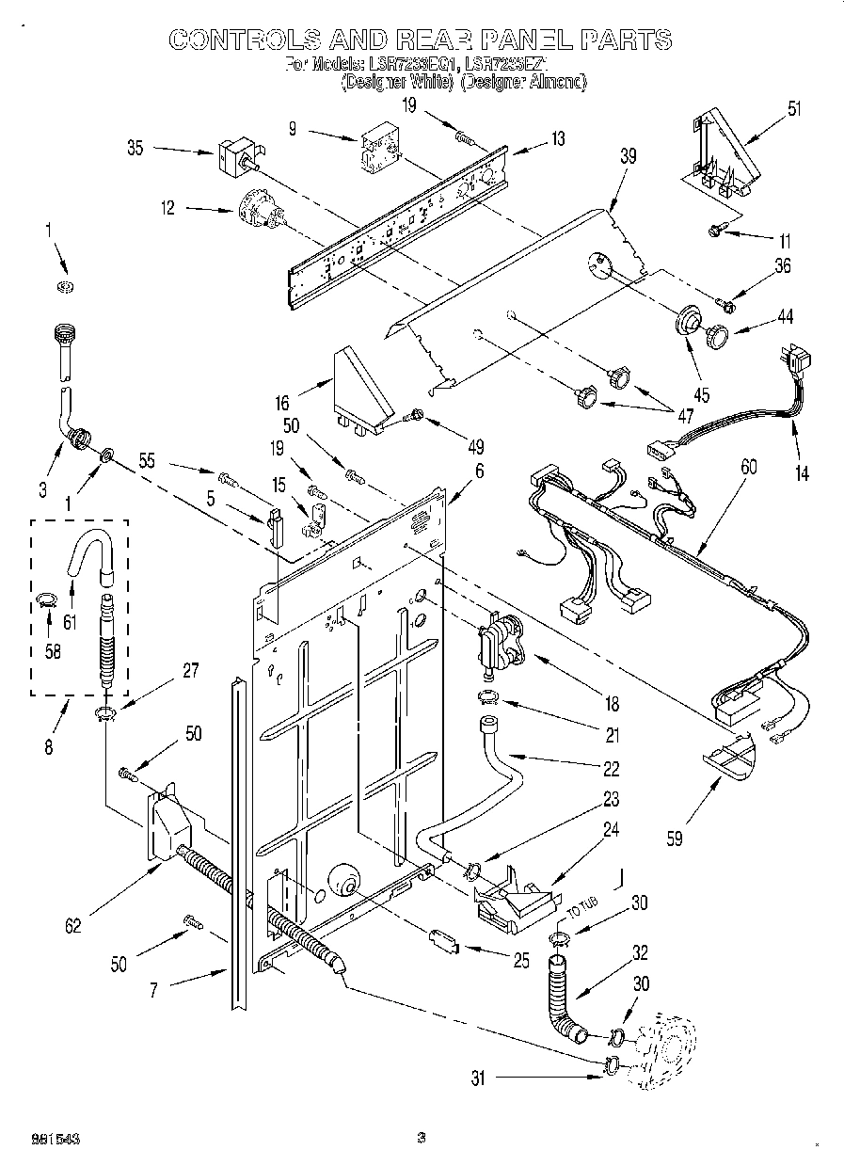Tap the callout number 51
pos(795,108)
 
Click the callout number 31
pos(478,1079)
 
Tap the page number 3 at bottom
pos(422,1138)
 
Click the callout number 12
pos(167,208)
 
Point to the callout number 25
pos(519,961)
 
